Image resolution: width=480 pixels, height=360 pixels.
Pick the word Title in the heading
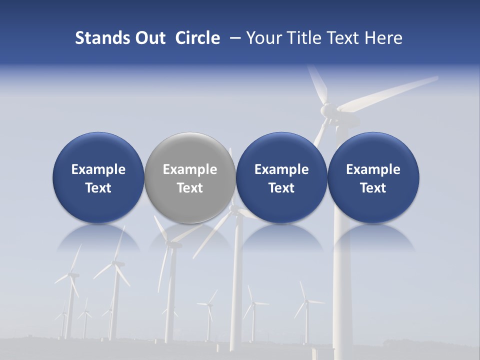(301, 38)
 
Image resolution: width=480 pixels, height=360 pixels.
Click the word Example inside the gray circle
(190, 169)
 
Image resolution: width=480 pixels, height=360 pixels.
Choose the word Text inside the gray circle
(190, 188)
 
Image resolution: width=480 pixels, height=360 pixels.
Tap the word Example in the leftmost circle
(98, 169)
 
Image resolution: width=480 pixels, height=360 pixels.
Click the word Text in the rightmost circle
(373, 188)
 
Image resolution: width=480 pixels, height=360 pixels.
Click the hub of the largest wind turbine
(327, 109)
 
